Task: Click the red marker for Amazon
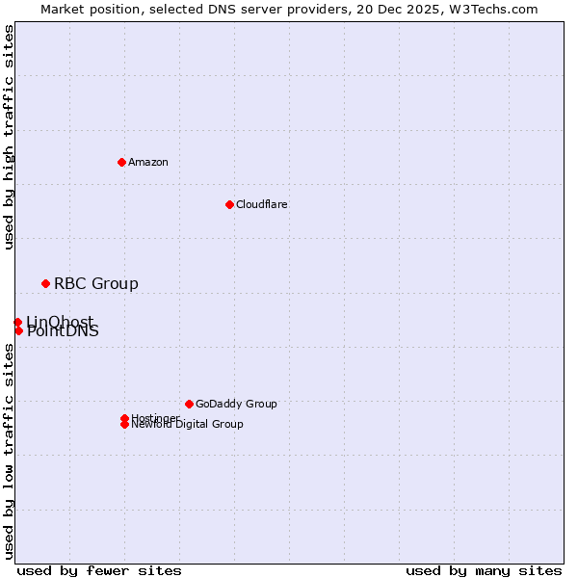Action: click(121, 162)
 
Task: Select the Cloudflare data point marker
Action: click(229, 204)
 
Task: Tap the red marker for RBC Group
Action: click(45, 283)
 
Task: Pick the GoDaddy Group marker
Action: click(189, 404)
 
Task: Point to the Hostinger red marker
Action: click(124, 418)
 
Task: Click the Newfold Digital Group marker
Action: click(124, 425)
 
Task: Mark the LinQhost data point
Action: click(17, 322)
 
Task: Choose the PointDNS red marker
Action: click(18, 330)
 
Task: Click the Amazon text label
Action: click(148, 162)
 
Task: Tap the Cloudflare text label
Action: click(262, 204)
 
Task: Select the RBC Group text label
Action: click(96, 283)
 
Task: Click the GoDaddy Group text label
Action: click(236, 404)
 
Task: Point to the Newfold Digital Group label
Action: click(188, 425)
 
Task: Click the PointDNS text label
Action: click(63, 332)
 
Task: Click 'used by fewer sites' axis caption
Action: click(99, 570)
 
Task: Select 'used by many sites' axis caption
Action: click(484, 570)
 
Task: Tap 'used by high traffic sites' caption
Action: click(10, 137)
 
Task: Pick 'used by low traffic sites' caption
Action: click(10, 451)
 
